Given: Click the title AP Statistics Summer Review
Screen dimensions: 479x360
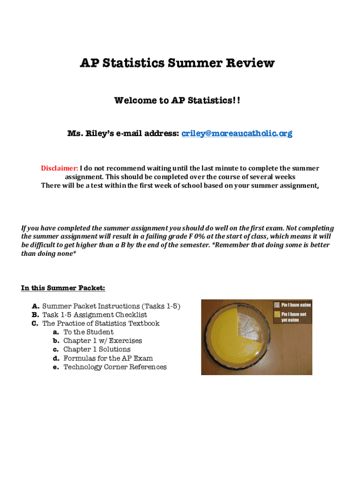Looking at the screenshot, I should point(177,63).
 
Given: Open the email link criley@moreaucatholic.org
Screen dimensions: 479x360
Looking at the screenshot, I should point(237,134).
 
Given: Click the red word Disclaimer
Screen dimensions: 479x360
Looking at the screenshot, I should point(59,168).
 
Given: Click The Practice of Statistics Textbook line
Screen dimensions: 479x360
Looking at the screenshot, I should point(101,323).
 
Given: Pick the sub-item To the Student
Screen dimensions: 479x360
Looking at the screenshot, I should point(88,332).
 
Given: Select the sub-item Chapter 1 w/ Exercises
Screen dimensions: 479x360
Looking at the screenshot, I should point(102,341).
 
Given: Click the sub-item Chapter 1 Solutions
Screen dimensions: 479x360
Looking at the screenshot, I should point(97,349).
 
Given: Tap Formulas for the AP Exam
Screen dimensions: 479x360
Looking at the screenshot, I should point(108,358).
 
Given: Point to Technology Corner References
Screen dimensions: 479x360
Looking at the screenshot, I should point(115,367).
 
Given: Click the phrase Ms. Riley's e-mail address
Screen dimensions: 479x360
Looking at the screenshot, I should point(123,134).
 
